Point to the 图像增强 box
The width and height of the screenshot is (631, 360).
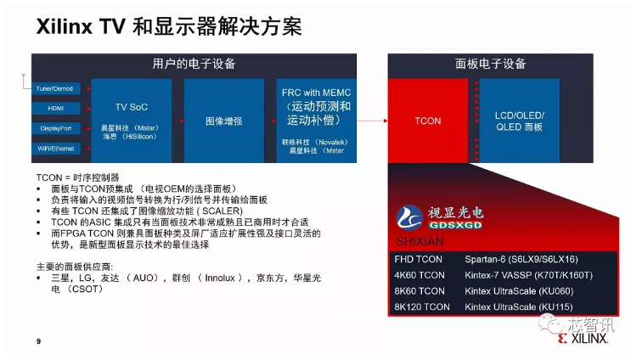223,121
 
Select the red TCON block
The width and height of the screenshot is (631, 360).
427,121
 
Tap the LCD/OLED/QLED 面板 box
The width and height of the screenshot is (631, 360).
519,121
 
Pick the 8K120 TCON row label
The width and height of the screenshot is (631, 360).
422,307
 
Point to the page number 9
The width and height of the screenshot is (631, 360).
38,340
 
